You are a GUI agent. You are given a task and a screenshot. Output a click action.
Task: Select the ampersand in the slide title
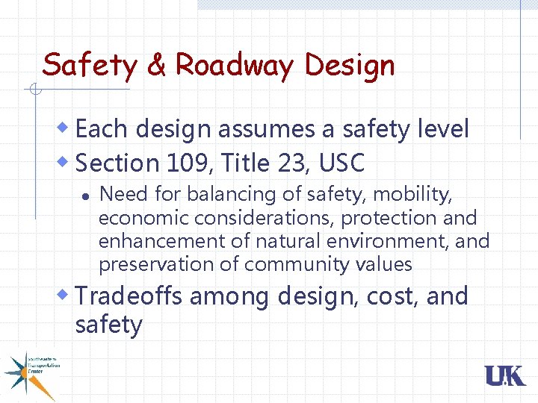point(156,65)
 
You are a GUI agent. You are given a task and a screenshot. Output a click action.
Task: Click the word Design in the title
point(349,65)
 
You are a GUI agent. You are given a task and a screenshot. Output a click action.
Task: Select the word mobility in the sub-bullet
point(412,195)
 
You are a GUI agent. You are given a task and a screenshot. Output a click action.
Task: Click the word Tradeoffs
point(129,296)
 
